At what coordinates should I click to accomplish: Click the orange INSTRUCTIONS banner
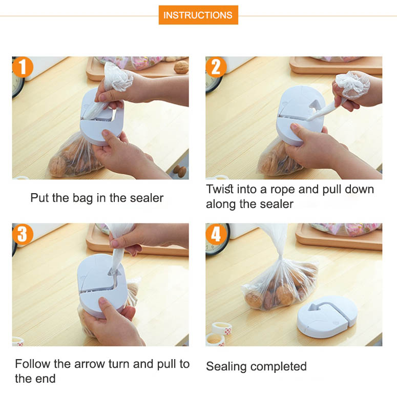[x=198, y=15]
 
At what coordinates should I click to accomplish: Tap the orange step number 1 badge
[x=23, y=67]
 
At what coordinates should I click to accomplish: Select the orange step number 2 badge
[x=216, y=67]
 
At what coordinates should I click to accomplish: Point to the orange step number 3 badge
[x=23, y=234]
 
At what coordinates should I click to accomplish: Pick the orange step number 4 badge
[x=216, y=234]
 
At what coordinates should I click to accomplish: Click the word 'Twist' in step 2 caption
[x=220, y=189]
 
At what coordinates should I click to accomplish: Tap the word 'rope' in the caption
[x=283, y=190]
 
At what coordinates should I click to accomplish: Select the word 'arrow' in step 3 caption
[x=90, y=364]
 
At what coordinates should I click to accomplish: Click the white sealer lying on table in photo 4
[x=327, y=317]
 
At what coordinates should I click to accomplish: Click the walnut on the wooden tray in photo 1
[x=181, y=67]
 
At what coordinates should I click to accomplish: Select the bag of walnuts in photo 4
[x=280, y=282]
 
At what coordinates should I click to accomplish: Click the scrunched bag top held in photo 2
[x=352, y=85]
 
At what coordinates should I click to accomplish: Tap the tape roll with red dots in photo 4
[x=221, y=329]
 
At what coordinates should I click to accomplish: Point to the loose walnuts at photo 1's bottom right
[x=180, y=171]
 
